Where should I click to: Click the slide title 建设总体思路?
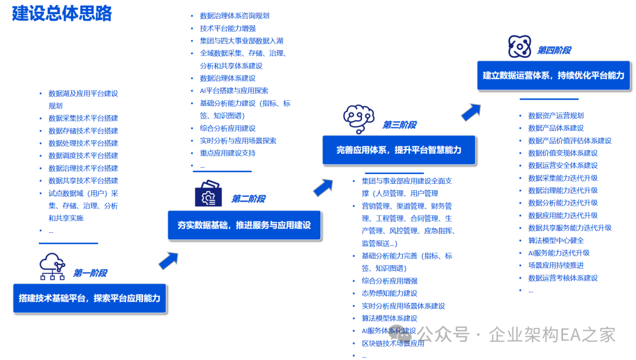pos(62,14)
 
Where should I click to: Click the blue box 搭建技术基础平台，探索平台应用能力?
pos(90,298)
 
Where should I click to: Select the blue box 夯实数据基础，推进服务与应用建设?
pos(244,225)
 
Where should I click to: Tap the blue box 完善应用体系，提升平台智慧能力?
pos(399,150)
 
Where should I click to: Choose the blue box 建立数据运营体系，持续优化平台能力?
pos(553,75)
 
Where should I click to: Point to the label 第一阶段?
pos(90,273)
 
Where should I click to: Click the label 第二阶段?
pos(248,199)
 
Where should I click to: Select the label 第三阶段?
pos(399,125)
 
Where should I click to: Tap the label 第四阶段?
pos(554,51)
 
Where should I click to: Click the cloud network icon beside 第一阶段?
pos(52,266)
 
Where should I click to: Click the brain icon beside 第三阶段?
pos(359,120)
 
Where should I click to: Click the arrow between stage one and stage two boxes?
pos(168,260)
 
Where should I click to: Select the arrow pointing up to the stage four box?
pos(471,111)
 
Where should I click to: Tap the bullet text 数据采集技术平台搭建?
pos(83,118)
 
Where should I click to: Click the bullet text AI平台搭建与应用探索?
pos(234,91)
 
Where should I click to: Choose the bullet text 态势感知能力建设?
pos(389,293)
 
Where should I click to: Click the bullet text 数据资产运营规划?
pos(556,115)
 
